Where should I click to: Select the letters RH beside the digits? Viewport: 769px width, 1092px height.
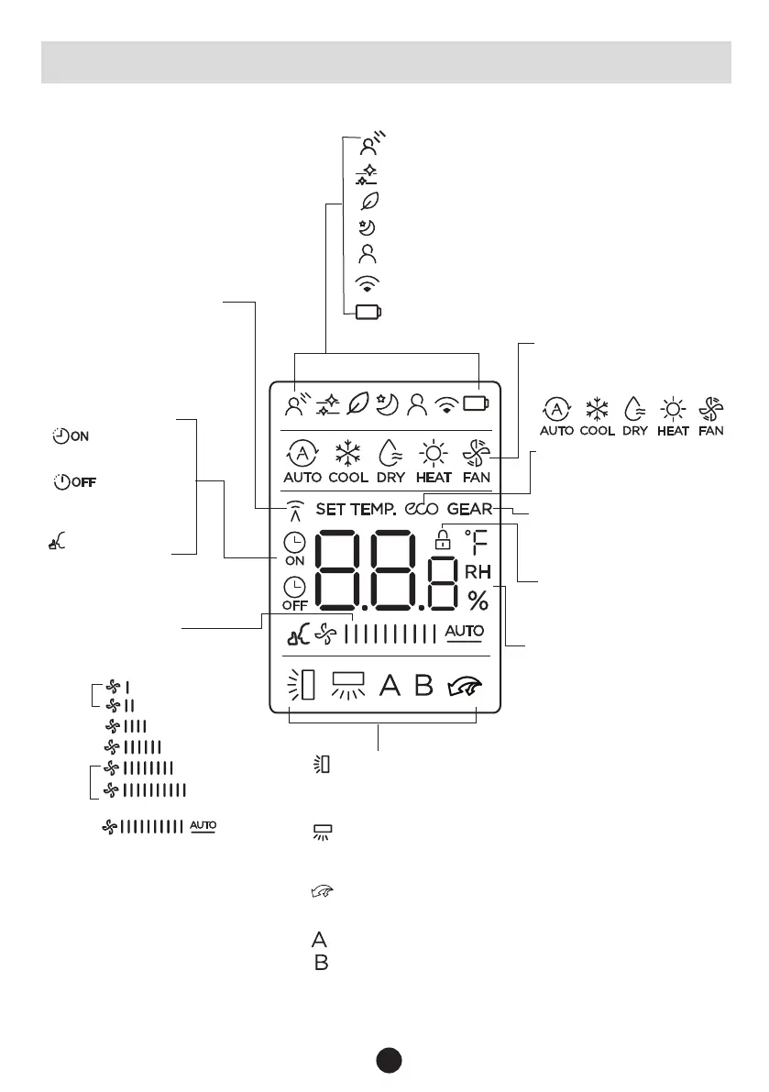tap(478, 572)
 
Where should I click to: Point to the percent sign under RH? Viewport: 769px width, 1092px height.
tap(478, 600)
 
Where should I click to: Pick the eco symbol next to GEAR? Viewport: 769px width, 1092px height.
tap(422, 509)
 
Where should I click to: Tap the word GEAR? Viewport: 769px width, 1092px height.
tap(470, 509)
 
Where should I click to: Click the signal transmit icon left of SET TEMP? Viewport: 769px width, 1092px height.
tap(293, 510)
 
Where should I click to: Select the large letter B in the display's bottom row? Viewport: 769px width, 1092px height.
tap(423, 685)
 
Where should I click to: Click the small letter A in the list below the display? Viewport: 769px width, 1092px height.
tap(320, 939)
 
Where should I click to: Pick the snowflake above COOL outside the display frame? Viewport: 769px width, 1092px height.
tap(597, 408)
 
